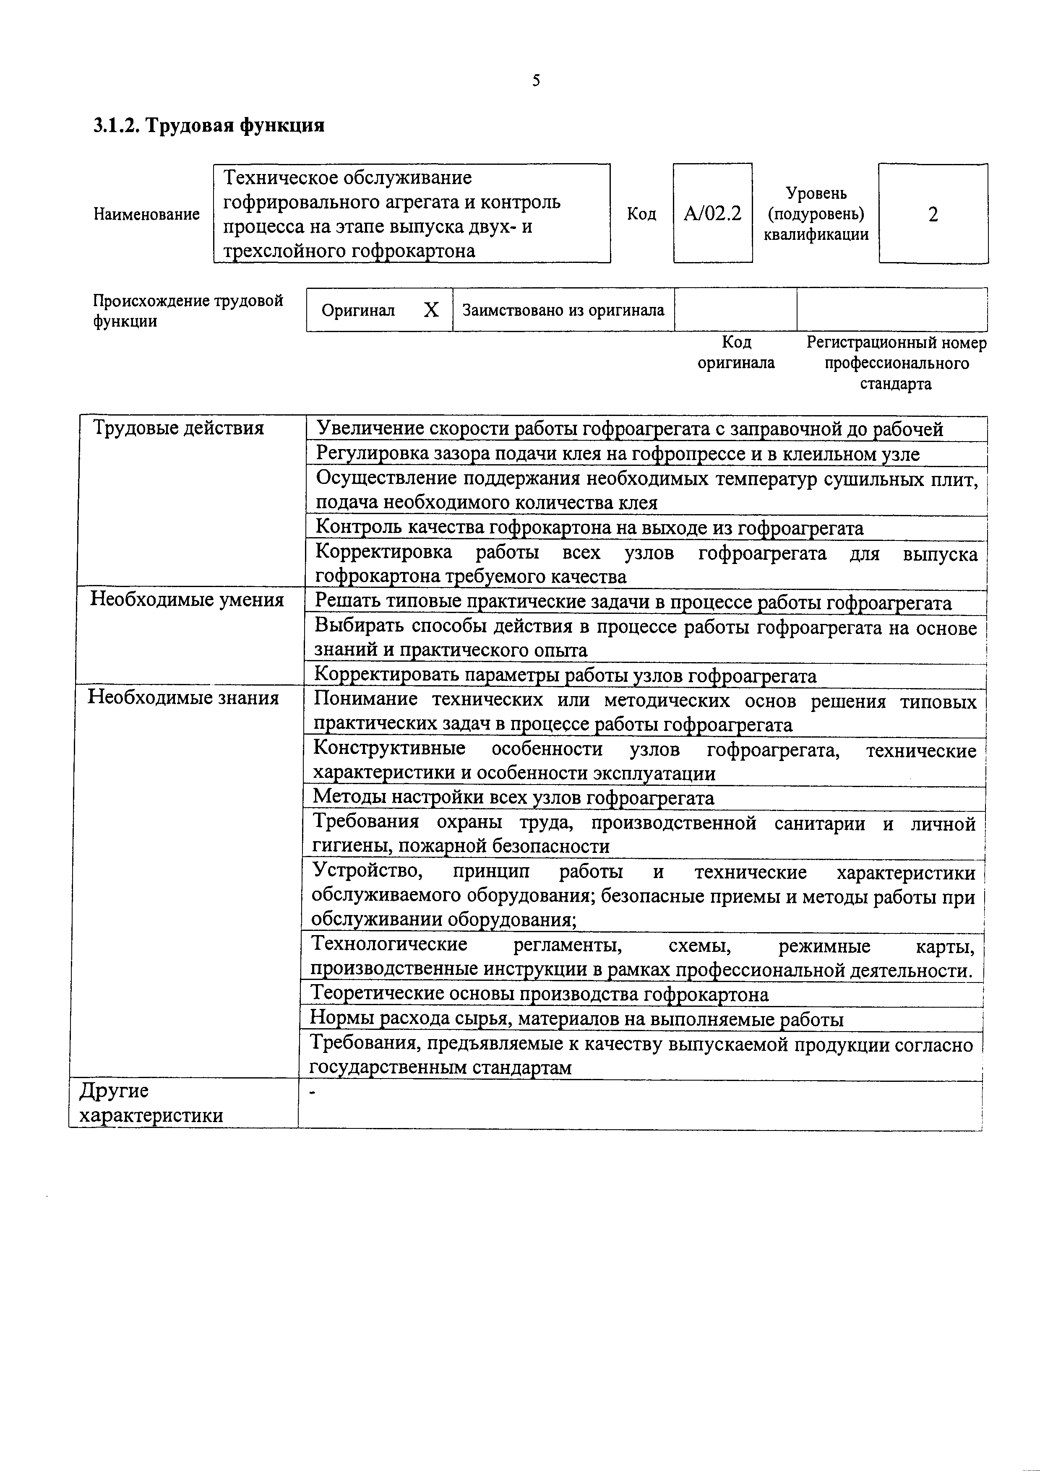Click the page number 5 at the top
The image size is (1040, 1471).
point(536,81)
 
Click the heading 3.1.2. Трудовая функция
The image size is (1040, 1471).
point(209,125)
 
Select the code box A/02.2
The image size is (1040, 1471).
point(712,213)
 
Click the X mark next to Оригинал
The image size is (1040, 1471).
point(431,310)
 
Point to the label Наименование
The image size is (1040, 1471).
point(147,214)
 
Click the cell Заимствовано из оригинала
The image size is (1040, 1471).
point(563,310)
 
